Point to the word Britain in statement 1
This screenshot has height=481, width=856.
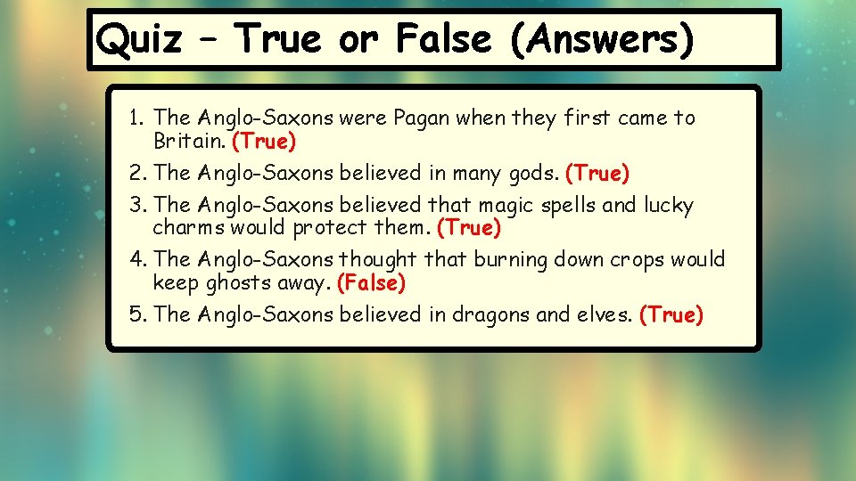[x=189, y=141]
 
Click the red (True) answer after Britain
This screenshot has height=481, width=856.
[x=263, y=141]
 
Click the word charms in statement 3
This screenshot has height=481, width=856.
[x=189, y=228]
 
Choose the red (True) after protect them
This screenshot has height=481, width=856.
[x=469, y=228]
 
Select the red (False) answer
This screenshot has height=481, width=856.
[x=371, y=283]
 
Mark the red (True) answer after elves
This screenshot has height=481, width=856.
[x=671, y=314]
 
